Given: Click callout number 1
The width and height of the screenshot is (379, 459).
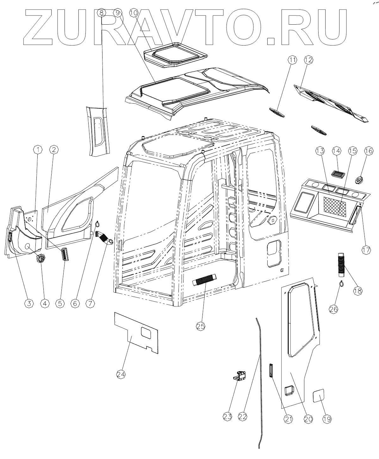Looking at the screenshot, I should click(x=38, y=149).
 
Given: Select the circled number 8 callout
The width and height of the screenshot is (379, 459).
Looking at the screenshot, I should click(x=101, y=13).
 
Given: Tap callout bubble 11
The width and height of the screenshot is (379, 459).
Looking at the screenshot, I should click(x=292, y=60).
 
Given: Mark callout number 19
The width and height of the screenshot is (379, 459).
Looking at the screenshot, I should click(x=327, y=419).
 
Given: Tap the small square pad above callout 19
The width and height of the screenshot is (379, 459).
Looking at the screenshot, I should click(x=319, y=396).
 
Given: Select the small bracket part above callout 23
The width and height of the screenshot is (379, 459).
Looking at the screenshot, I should click(x=240, y=375).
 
